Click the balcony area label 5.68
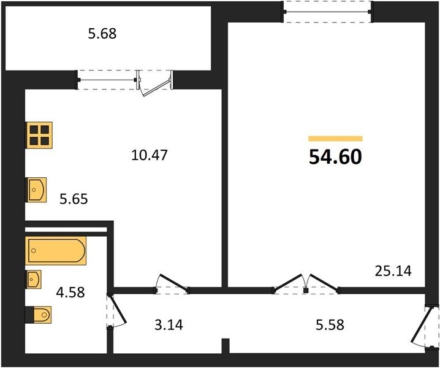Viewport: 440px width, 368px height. [x=102, y=34]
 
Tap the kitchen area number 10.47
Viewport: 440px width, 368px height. [x=150, y=155]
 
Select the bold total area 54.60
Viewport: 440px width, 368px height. [x=335, y=157]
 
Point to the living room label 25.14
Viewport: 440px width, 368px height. [x=393, y=271]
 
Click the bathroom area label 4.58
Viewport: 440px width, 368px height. [x=70, y=292]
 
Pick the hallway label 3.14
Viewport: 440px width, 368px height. [x=169, y=324]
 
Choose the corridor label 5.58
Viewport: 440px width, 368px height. [x=330, y=324]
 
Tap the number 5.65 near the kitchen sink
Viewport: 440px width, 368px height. [x=74, y=199]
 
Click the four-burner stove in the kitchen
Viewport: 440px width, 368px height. [x=39, y=135]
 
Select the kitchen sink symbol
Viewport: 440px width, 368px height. [x=36, y=190]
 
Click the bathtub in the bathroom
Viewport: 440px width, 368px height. [x=56, y=251]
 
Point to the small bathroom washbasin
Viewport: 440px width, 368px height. [x=33, y=279]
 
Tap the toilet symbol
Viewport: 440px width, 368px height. [x=38, y=315]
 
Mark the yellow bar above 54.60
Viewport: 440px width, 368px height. [x=335, y=139]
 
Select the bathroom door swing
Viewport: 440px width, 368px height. [x=116, y=310]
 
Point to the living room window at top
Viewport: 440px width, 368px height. [x=327, y=12]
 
